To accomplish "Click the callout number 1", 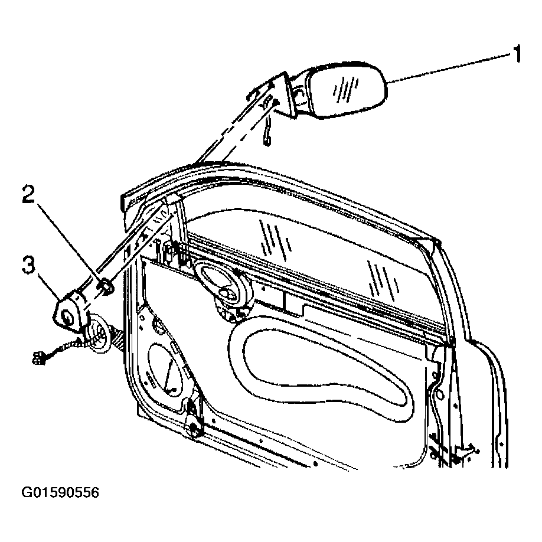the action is point(517,54).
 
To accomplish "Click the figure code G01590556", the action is point(60,492).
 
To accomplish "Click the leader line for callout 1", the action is point(449,67).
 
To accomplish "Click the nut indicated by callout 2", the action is point(105,287).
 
